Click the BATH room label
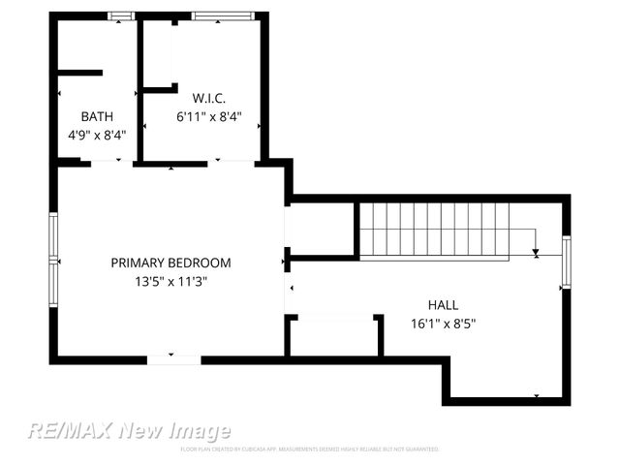[x=97, y=116]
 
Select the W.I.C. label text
[x=208, y=98]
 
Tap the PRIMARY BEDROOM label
[x=170, y=263]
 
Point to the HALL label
[x=443, y=304]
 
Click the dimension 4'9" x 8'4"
[x=97, y=135]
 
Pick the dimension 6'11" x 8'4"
[x=208, y=116]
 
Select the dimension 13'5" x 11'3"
[x=170, y=281]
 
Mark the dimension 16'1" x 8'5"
[x=443, y=323]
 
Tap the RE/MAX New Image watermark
[x=129, y=431]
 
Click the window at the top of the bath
[x=120, y=15]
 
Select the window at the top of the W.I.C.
[x=225, y=15]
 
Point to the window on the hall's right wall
[x=567, y=262]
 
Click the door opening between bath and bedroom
[x=111, y=163]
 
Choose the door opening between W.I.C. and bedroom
[x=232, y=163]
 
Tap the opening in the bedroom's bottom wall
[x=173, y=359]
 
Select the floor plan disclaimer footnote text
[x=310, y=449]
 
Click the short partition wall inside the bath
[x=79, y=72]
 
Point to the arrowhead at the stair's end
[x=536, y=254]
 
